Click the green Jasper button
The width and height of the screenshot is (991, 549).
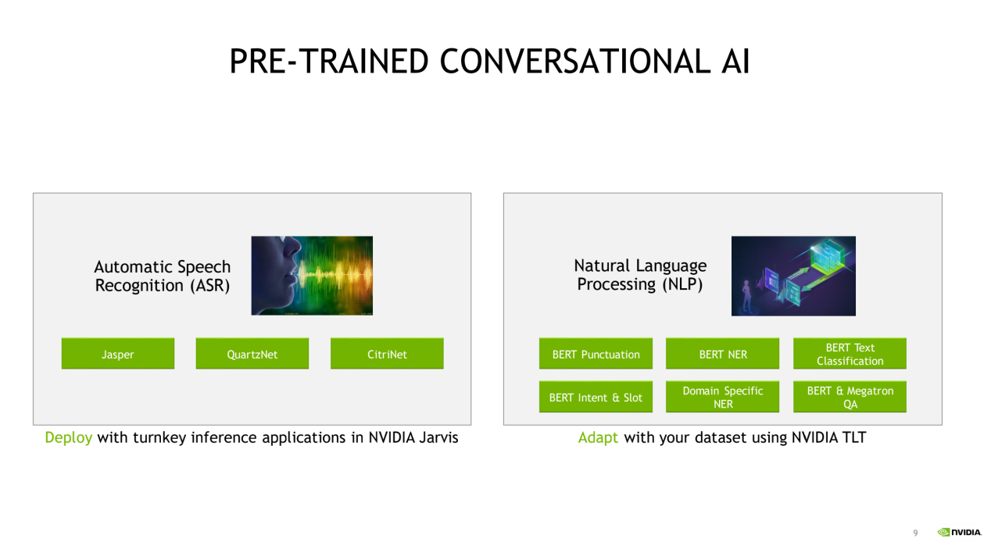point(118,354)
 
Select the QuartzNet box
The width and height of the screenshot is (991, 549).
point(252,354)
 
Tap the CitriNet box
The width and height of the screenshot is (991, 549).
point(387,354)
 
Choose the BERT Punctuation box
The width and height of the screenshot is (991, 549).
point(596,354)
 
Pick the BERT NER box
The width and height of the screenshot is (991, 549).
point(722,354)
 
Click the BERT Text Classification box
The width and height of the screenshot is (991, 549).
point(850,354)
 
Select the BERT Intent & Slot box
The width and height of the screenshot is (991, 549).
point(596,397)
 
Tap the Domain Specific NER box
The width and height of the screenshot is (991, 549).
point(722,397)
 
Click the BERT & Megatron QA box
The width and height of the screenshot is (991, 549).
point(850,397)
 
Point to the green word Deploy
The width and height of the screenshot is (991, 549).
point(69,438)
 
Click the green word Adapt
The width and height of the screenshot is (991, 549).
point(598,438)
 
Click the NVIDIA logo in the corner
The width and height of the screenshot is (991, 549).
point(959,532)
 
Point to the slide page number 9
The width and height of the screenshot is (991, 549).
point(915,533)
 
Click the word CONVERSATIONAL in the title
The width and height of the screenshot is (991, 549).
point(575,61)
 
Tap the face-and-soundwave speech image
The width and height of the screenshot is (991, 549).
point(312,276)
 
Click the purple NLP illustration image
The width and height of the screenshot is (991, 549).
point(793,276)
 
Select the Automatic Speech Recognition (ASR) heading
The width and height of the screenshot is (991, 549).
point(163,276)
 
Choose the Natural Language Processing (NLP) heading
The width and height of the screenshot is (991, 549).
point(640,275)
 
